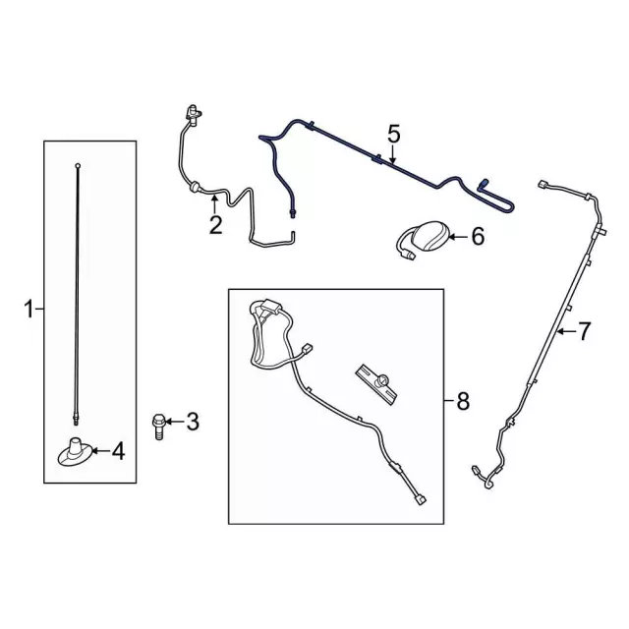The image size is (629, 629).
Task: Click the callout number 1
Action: pos(29,310)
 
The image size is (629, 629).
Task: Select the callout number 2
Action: pos(215,225)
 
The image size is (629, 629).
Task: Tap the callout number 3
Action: pos(193,422)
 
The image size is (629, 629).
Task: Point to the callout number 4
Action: pos(118,451)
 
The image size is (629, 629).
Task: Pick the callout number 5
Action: pos(394,134)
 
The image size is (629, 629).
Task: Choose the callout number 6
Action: pos(478,237)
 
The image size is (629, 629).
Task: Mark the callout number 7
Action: pos(584,331)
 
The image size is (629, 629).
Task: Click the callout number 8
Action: pos(463,401)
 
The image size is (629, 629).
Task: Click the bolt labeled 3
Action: pos(159,428)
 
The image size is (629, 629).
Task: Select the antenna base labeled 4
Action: pos(76,452)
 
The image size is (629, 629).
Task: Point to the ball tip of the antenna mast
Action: pos(78,165)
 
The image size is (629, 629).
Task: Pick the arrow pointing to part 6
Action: pos(458,237)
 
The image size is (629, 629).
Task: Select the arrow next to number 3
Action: pos(175,422)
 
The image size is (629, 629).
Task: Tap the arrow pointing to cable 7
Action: pos(567,331)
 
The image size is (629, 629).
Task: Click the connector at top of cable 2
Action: pos(193,114)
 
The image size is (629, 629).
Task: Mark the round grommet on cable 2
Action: pos(195,188)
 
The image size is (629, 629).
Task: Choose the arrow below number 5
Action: pos(393,155)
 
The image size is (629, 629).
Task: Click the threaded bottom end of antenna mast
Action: pos(76,420)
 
